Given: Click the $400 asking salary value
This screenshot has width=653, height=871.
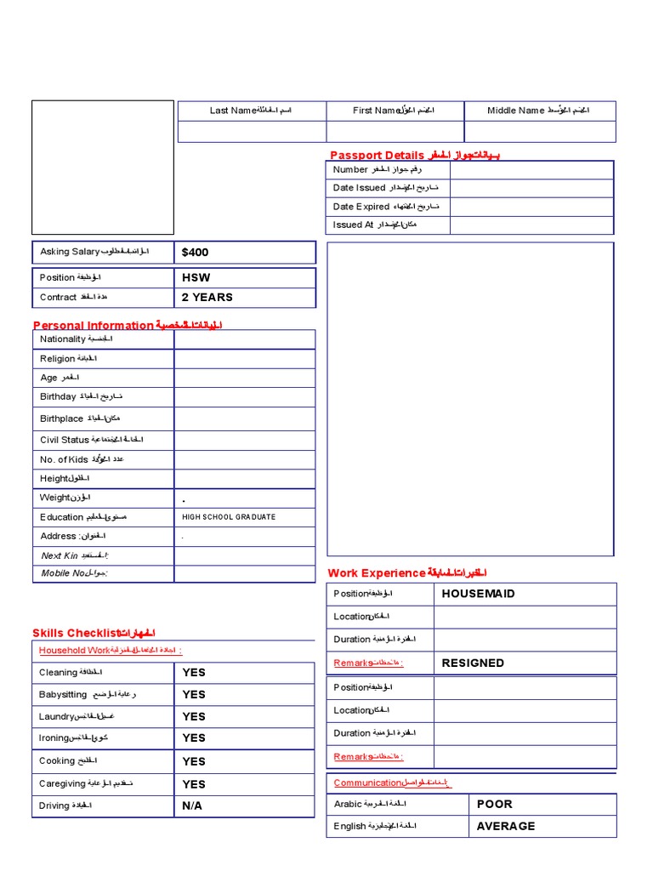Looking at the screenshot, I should click(x=195, y=253).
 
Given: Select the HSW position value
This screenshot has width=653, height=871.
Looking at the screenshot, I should click(x=196, y=277).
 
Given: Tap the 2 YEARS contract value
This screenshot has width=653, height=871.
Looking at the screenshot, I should click(x=207, y=298).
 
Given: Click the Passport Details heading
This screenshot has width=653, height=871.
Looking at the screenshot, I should click(x=377, y=155).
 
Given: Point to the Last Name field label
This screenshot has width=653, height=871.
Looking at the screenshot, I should click(x=233, y=111).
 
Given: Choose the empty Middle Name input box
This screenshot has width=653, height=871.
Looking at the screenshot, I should click(x=540, y=132).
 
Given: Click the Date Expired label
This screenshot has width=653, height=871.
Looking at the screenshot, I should click(x=361, y=207).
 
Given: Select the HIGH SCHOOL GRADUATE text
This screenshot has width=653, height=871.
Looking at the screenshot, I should click(x=229, y=517).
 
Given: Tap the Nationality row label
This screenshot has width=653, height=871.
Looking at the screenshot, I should click(x=63, y=339).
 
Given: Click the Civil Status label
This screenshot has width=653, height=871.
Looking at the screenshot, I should click(x=65, y=440).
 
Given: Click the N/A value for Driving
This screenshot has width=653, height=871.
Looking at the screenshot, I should click(x=192, y=806).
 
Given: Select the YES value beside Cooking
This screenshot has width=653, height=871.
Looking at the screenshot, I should click(x=194, y=761).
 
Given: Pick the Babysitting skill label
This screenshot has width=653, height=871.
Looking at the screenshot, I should click(x=63, y=695).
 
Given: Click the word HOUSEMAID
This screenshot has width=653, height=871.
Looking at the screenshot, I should click(x=478, y=594).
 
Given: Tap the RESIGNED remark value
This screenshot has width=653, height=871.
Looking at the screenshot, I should click(x=473, y=663).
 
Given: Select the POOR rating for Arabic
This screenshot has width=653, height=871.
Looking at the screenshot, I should click(x=494, y=804).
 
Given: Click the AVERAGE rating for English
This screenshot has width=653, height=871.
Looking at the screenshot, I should click(x=506, y=826).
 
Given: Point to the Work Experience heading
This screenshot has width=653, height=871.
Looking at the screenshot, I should click(x=376, y=573).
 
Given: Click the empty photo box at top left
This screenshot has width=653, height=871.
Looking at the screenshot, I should click(x=102, y=168).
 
